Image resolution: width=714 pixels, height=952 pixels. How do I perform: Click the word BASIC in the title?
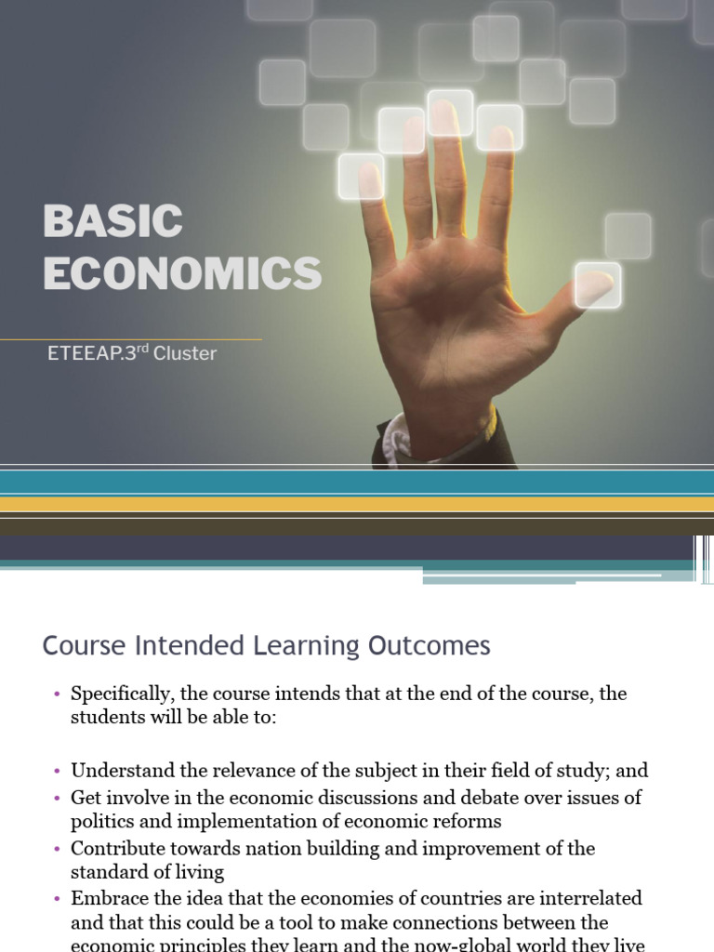(x=112, y=222)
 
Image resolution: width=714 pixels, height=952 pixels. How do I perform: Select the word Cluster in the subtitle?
(x=185, y=353)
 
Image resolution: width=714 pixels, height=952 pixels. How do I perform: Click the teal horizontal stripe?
(x=357, y=482)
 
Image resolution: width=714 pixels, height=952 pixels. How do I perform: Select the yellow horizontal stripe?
(x=357, y=504)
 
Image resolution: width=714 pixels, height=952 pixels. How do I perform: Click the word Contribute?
(x=116, y=848)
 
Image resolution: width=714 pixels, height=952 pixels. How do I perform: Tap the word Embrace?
(x=107, y=899)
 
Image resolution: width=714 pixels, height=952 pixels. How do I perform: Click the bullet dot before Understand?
(x=57, y=772)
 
